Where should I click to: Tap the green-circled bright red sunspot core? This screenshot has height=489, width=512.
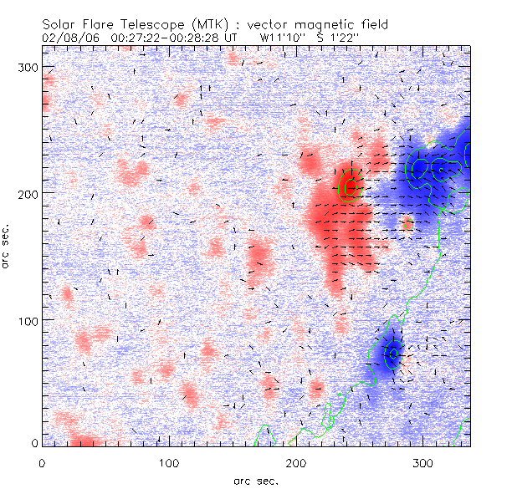point(349,186)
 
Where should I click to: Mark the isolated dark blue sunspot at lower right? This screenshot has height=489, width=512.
point(389,353)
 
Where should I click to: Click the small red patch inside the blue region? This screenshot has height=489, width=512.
point(408,224)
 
